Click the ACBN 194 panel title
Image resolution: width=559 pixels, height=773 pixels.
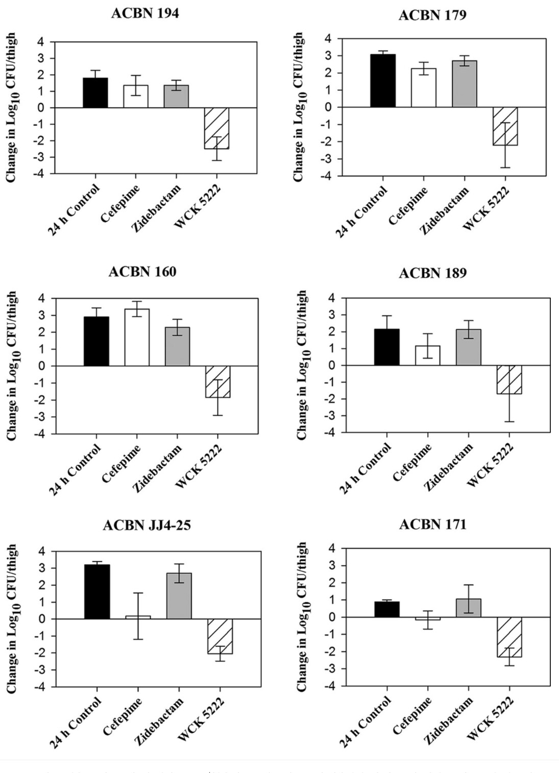click(145, 13)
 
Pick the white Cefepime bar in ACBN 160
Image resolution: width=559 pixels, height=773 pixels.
click(137, 337)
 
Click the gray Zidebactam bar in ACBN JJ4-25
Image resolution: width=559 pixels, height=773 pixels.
click(179, 596)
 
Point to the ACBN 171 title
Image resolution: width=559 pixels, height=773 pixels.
click(432, 524)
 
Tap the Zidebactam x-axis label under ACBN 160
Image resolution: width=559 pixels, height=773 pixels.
click(158, 468)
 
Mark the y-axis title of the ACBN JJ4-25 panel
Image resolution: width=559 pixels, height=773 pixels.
click(11, 618)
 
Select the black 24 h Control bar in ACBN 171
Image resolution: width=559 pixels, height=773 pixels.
click(387, 609)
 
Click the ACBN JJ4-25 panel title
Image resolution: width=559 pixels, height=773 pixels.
click(147, 525)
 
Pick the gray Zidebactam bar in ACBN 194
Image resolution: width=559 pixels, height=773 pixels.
click(176, 96)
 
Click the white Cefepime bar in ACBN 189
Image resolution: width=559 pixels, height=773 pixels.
click(428, 355)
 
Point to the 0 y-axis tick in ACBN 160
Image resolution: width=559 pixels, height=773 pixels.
click(41, 366)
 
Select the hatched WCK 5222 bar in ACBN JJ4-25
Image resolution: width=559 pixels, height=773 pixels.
click(220, 636)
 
